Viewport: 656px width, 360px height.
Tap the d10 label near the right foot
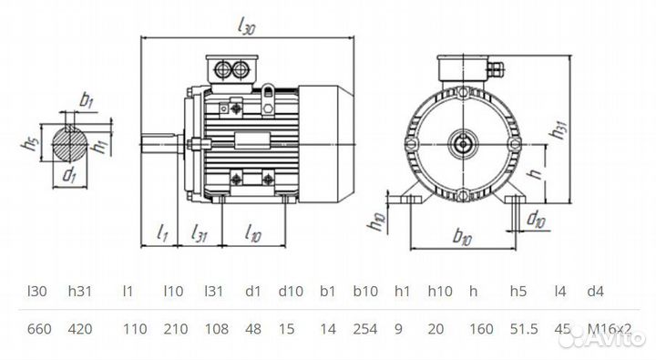click(x=538, y=218)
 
